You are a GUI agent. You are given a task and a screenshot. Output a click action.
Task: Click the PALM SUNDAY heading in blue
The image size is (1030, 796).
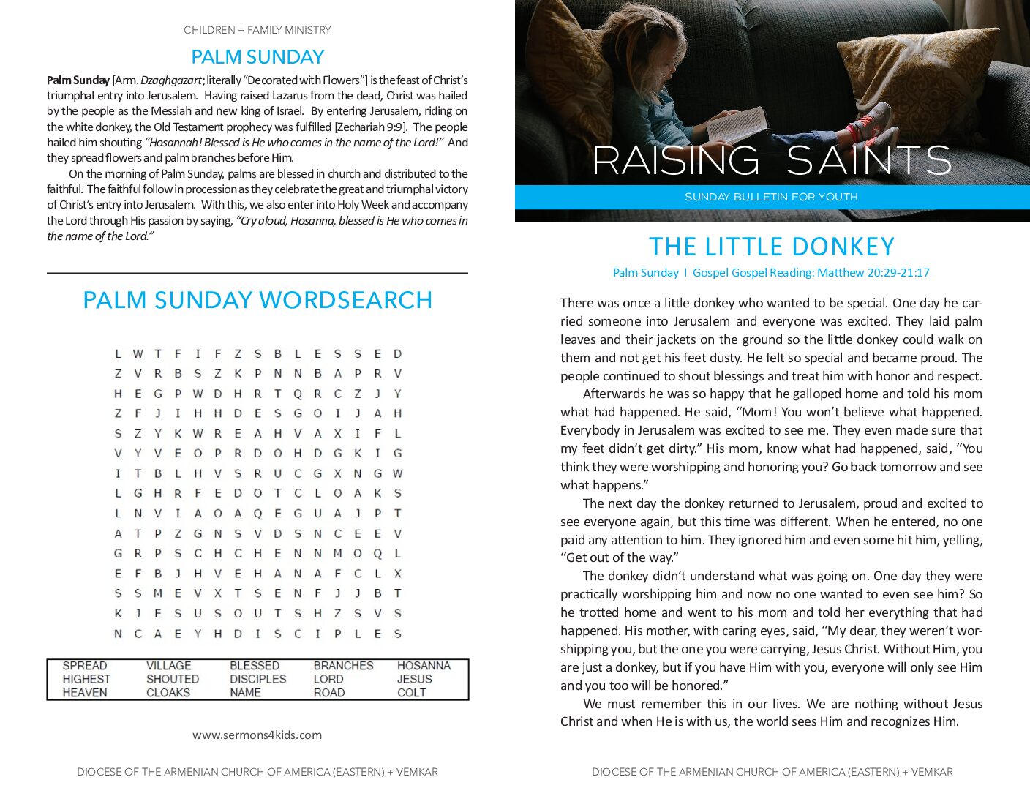click(x=257, y=57)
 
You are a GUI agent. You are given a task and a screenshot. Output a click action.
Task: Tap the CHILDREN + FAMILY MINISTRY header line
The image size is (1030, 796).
click(x=257, y=30)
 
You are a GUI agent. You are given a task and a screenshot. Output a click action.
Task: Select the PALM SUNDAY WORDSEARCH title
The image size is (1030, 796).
click(x=257, y=300)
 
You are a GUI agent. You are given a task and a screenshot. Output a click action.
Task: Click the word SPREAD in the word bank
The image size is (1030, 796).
click(x=85, y=666)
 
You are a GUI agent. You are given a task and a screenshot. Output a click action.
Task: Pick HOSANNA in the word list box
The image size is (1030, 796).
click(x=424, y=666)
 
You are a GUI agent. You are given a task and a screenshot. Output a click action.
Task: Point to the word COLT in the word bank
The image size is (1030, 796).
click(x=411, y=693)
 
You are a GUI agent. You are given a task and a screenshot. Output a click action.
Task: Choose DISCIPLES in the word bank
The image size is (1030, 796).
click(x=257, y=679)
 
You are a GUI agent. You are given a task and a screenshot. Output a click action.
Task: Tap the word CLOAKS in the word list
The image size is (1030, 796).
click(x=168, y=693)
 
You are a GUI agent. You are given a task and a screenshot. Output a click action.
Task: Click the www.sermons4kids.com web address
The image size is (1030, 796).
click(x=257, y=735)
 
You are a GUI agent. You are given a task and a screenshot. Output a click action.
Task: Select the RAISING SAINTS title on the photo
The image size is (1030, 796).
click(x=772, y=160)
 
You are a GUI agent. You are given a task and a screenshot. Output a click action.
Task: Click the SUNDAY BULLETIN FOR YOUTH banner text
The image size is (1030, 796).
click(x=771, y=197)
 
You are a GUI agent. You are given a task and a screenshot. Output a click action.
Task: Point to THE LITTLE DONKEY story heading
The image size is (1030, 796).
click(x=772, y=247)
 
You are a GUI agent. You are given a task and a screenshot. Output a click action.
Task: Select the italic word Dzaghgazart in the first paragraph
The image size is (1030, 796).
click(x=172, y=80)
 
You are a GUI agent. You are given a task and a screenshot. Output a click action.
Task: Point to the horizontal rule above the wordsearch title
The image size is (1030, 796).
click(x=257, y=273)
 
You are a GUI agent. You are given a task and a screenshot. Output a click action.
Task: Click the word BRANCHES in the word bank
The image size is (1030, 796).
click(x=343, y=666)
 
